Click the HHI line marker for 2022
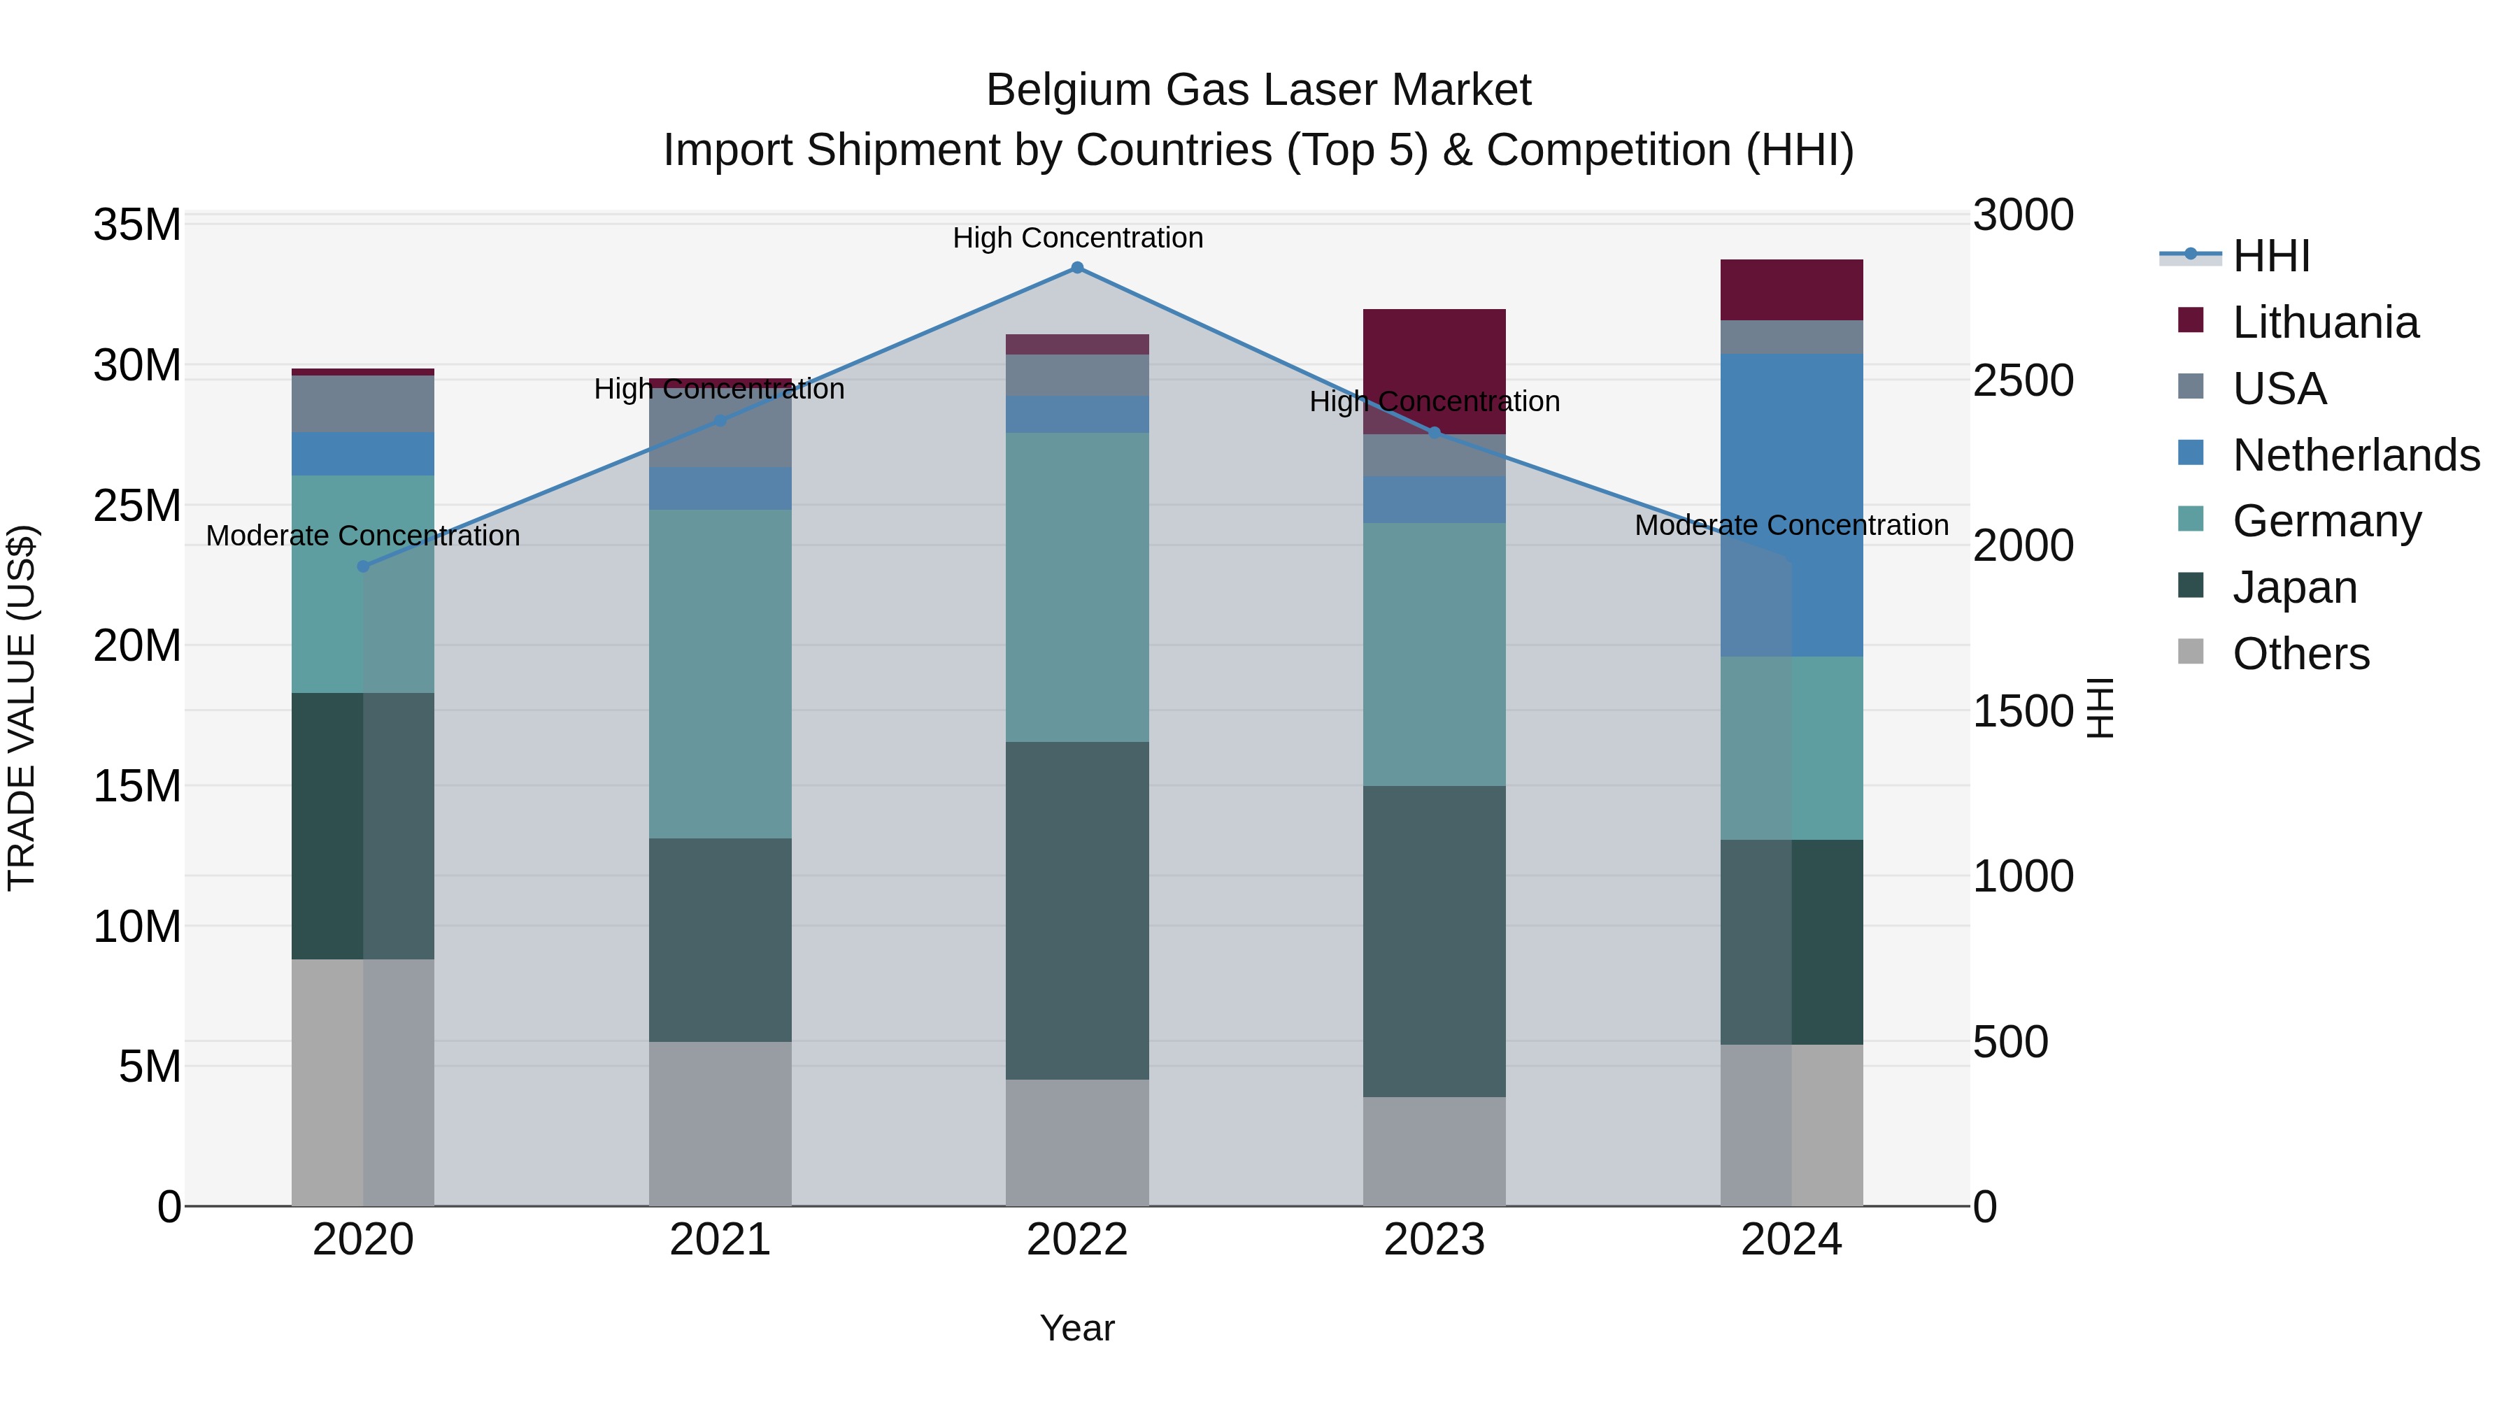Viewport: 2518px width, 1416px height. (1077, 268)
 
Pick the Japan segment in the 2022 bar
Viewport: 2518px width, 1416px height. (1077, 910)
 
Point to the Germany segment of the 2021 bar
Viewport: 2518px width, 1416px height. (720, 673)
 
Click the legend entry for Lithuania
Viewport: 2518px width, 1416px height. (2324, 322)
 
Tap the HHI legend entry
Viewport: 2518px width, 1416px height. (2270, 256)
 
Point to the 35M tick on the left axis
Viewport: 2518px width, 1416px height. (137, 224)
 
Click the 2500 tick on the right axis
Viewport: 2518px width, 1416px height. (2022, 380)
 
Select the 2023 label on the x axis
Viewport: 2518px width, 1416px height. (1434, 1240)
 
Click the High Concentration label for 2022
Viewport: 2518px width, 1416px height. (1077, 238)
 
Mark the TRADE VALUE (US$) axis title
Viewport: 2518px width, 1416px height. (22, 708)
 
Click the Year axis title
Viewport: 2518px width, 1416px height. (1077, 1328)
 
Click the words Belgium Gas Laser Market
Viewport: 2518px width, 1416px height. (1258, 90)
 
